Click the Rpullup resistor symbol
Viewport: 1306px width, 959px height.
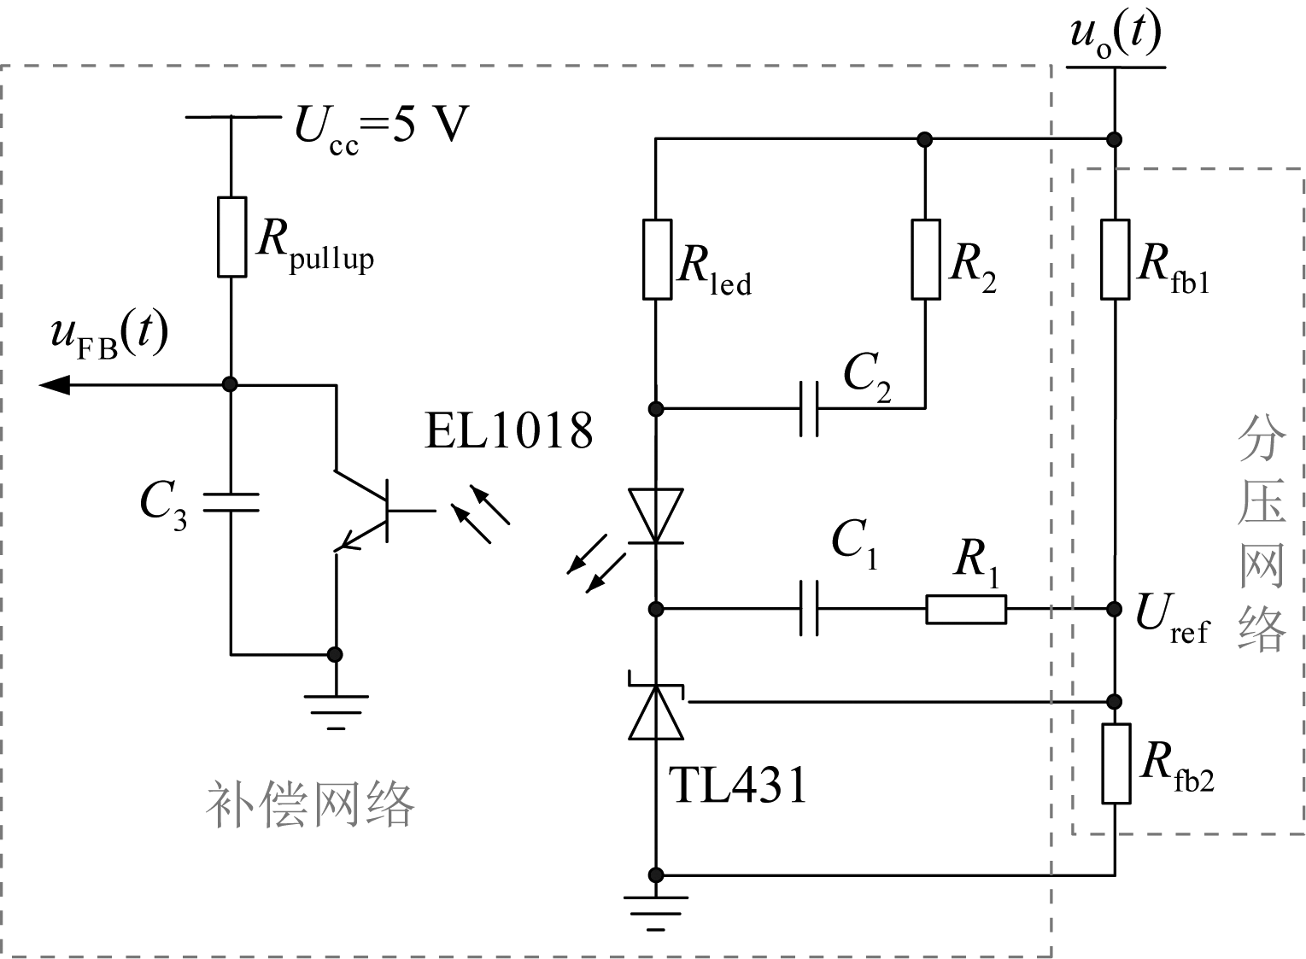(231, 237)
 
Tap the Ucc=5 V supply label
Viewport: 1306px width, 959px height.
(382, 127)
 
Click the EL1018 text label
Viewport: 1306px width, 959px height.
(508, 430)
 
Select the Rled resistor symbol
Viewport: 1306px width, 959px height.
(656, 259)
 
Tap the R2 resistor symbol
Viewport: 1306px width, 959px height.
(926, 259)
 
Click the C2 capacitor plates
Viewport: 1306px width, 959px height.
(809, 408)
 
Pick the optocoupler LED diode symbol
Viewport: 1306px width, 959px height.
(656, 516)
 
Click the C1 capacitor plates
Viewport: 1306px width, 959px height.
(809, 609)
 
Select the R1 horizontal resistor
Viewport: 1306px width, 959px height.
(966, 610)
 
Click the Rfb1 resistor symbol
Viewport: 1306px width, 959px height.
(1115, 259)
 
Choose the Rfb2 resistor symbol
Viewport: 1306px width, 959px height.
(1115, 763)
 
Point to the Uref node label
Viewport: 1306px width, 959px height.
(1171, 617)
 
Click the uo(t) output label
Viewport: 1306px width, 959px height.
(1115, 36)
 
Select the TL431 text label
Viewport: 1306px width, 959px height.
(738, 785)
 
